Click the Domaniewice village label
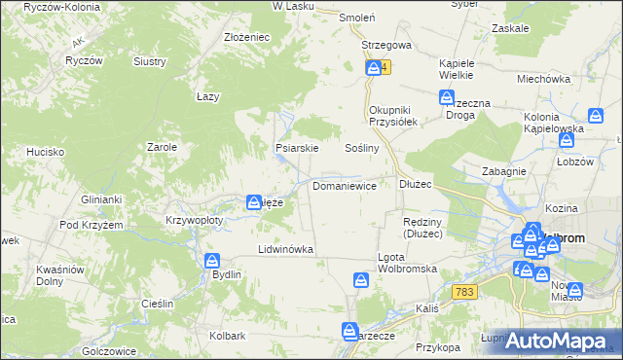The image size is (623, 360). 344,184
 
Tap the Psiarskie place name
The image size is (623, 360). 297,149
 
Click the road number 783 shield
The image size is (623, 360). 464,292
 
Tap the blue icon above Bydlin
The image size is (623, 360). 213,260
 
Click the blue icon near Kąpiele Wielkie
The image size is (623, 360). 447,97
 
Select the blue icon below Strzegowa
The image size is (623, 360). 374,68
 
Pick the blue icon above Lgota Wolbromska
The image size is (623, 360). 362,281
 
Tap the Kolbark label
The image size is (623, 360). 227,336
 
